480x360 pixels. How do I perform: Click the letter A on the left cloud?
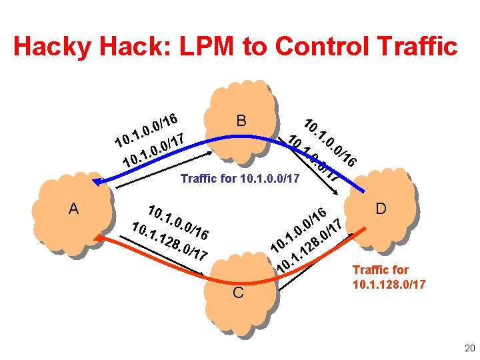point(73,209)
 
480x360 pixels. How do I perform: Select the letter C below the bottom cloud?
point(239,293)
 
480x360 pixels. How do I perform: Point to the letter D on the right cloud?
point(381,209)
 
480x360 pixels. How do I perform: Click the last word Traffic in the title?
point(420,47)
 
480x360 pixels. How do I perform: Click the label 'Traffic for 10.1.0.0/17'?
point(241,179)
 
